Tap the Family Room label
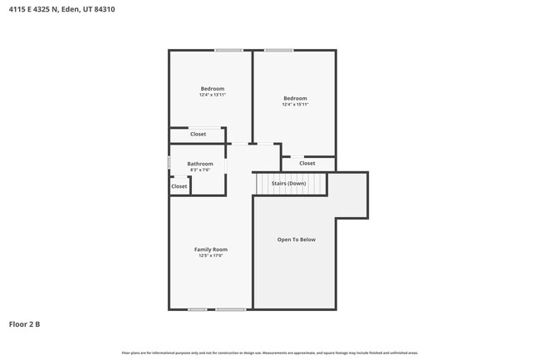pyautogui.click(x=211, y=249)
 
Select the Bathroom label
pyautogui.click(x=200, y=164)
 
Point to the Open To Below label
pyautogui.click(x=297, y=239)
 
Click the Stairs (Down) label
pyautogui.click(x=288, y=182)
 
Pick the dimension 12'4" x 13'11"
pyautogui.click(x=213, y=95)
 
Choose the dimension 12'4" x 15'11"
pyautogui.click(x=295, y=105)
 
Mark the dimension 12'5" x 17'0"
pyautogui.click(x=211, y=256)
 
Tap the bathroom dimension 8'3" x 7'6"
pyautogui.click(x=200, y=170)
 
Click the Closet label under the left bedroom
pyautogui.click(x=199, y=134)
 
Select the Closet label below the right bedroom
pyautogui.click(x=307, y=163)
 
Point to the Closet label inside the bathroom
pyautogui.click(x=179, y=186)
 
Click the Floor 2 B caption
pyautogui.click(x=25, y=323)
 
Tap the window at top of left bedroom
pyautogui.click(x=228, y=51)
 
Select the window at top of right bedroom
pyautogui.click(x=279, y=51)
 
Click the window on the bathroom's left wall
pyautogui.click(x=169, y=163)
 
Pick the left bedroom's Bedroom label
pyautogui.click(x=213, y=88)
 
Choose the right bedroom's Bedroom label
pyautogui.click(x=295, y=98)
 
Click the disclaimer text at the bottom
pyautogui.click(x=269, y=353)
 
